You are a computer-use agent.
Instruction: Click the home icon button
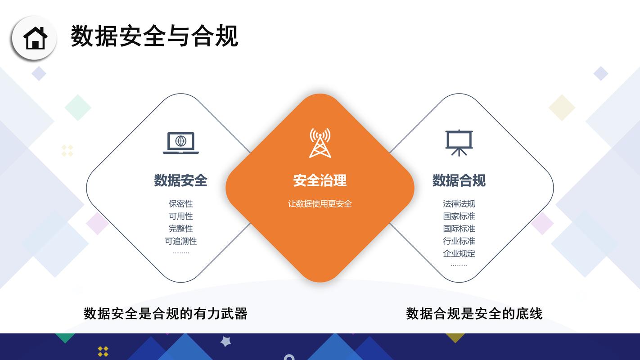(x=35, y=38)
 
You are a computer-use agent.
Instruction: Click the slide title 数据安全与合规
(x=154, y=36)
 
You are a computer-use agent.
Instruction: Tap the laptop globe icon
(x=180, y=143)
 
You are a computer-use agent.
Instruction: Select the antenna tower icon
(x=320, y=143)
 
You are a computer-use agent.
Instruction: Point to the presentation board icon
(x=459, y=143)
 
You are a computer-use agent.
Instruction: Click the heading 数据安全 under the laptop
(x=180, y=180)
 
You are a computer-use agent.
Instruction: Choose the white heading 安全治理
(x=320, y=181)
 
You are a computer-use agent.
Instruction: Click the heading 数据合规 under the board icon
(x=459, y=180)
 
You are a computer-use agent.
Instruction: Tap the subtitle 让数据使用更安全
(x=320, y=204)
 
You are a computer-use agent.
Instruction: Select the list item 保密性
(x=180, y=204)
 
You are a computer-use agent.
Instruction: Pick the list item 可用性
(x=180, y=216)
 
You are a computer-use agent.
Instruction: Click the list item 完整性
(x=180, y=229)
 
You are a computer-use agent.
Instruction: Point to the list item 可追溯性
(x=180, y=241)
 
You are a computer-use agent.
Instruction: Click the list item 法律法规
(x=459, y=204)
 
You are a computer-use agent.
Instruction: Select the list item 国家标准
(x=459, y=216)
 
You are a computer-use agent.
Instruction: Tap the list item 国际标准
(x=459, y=229)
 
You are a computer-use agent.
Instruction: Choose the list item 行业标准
(x=459, y=241)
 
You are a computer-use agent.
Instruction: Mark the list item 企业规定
(x=459, y=253)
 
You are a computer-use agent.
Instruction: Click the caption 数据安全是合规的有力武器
(x=166, y=314)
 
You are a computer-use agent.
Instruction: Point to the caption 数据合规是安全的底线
(x=474, y=314)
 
